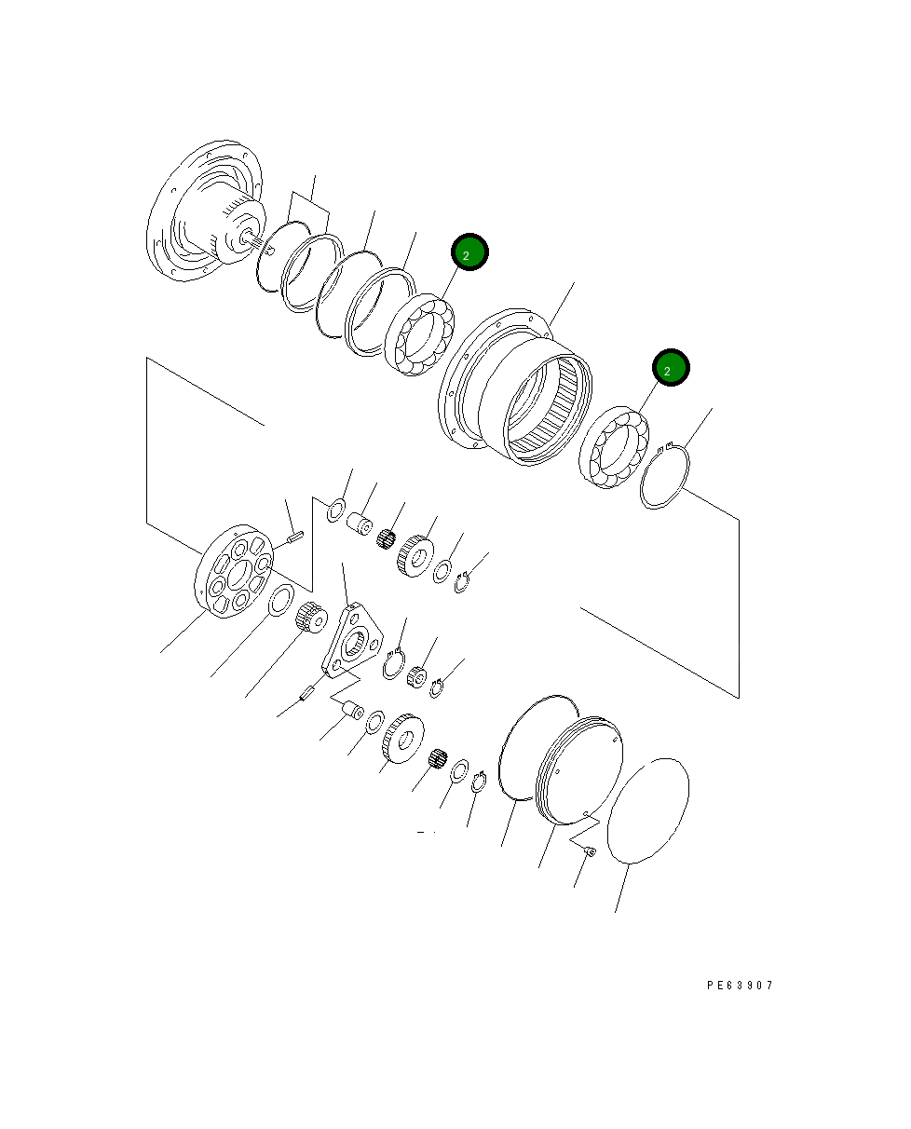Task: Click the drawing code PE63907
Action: point(740,985)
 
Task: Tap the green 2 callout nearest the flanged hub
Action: point(469,252)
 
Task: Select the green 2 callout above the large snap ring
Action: point(670,368)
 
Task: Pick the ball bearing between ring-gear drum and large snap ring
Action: point(612,448)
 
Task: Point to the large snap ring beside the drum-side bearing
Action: point(667,478)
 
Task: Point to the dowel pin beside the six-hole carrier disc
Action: point(296,537)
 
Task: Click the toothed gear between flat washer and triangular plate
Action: point(307,617)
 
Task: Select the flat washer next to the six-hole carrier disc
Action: point(281,601)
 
